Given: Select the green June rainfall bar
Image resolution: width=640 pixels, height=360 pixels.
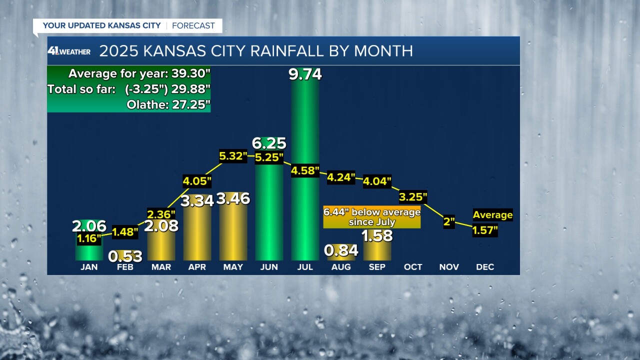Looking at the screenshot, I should (x=269, y=215).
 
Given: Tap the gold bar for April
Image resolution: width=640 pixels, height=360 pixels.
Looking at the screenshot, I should (x=197, y=235).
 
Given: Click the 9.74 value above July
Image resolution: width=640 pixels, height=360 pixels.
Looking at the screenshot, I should (x=305, y=74).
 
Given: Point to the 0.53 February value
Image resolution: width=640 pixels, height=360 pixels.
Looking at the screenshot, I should (x=125, y=256).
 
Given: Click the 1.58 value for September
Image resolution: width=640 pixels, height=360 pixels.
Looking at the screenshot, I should (x=377, y=235).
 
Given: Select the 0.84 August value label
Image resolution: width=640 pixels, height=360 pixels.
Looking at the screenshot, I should (x=341, y=250).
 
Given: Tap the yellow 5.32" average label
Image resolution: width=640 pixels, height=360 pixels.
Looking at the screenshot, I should (x=233, y=156).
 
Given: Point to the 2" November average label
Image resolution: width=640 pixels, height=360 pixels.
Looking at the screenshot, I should (x=449, y=222).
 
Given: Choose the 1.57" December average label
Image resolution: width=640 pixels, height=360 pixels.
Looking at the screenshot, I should (x=485, y=230).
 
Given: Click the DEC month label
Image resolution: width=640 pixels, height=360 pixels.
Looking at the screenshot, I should (x=485, y=267).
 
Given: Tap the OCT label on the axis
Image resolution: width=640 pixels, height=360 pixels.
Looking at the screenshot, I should (x=413, y=267).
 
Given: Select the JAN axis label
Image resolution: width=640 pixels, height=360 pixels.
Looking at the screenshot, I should (x=89, y=267).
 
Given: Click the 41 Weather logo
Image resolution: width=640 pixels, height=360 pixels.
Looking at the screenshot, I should (x=69, y=51).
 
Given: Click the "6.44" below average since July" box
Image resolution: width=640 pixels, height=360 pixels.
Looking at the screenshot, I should (x=372, y=217).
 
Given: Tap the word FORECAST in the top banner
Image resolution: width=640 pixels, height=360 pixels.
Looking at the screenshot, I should (x=193, y=25).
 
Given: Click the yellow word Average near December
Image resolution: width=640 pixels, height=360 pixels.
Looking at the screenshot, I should (x=492, y=215).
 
